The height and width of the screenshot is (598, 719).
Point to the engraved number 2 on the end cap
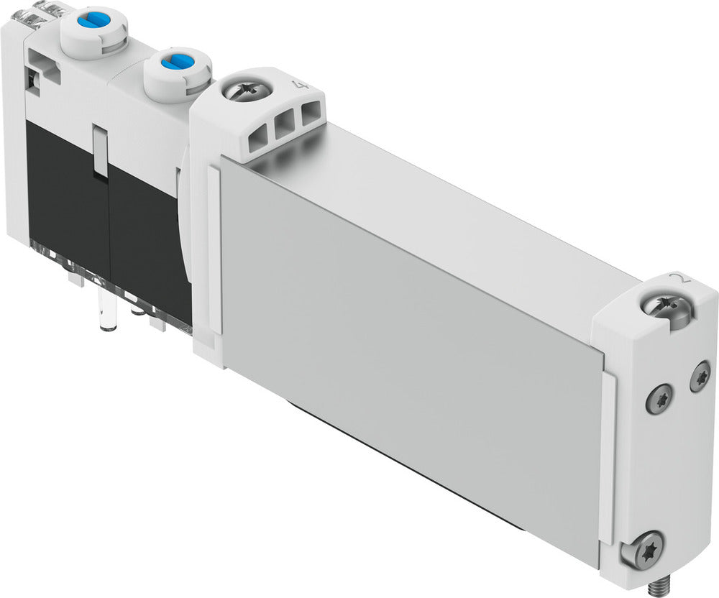click(674, 280)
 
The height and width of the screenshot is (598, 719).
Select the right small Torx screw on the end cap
click(700, 377)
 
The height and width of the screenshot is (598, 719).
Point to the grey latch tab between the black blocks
click(100, 147)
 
